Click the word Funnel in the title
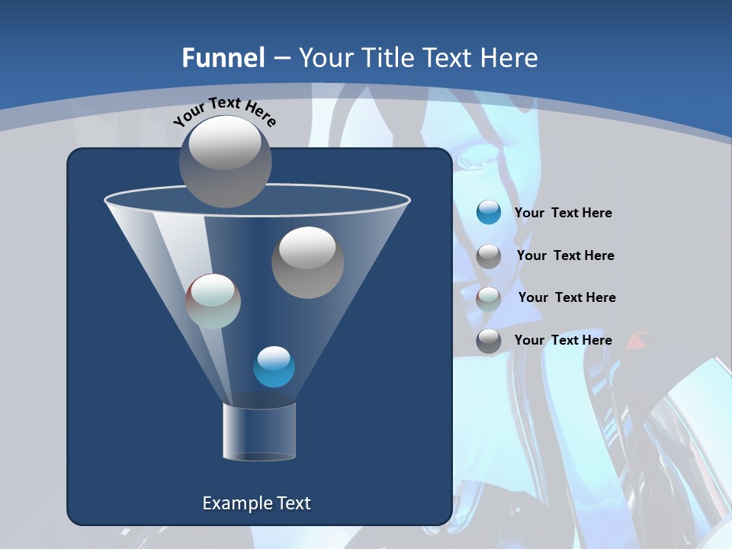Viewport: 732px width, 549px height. (x=223, y=57)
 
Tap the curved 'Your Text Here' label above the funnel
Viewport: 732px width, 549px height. (x=224, y=111)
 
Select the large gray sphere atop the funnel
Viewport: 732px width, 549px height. (x=225, y=161)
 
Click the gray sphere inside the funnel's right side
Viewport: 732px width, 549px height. (x=307, y=262)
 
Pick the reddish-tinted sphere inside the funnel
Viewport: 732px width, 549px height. (x=213, y=301)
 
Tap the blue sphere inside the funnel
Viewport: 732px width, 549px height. (x=274, y=367)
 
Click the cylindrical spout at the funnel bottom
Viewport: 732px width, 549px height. (x=258, y=432)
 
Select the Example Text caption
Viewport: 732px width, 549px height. (x=256, y=503)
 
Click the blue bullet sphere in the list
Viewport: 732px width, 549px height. (x=489, y=212)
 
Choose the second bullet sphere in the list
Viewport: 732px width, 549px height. (x=489, y=256)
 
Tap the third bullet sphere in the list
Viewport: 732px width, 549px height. (x=489, y=298)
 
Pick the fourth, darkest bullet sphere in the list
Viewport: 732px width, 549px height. (x=489, y=341)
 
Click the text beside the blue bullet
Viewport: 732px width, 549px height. (x=563, y=213)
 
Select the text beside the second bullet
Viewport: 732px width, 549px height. (x=565, y=255)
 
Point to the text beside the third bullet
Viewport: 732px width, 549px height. (x=567, y=297)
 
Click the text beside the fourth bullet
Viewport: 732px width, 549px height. (x=563, y=340)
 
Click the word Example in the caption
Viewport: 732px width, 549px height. (x=234, y=503)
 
